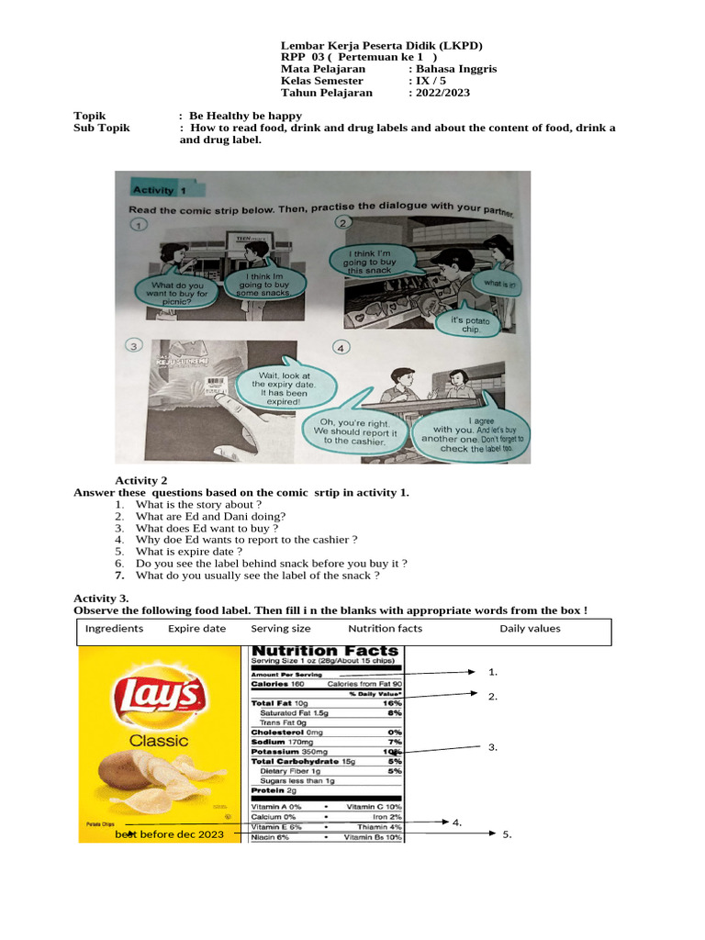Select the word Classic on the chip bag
pyautogui.click(x=158, y=740)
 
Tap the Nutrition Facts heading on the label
pyautogui.click(x=326, y=651)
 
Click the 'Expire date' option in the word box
pyautogui.click(x=196, y=629)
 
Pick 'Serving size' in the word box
pyautogui.click(x=280, y=629)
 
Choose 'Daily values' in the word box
pyautogui.click(x=530, y=629)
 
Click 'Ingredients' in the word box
pyautogui.click(x=114, y=629)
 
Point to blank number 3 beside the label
pyautogui.click(x=493, y=747)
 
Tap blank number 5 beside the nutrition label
pyautogui.click(x=506, y=834)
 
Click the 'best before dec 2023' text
pyautogui.click(x=169, y=834)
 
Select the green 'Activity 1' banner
pyautogui.click(x=157, y=190)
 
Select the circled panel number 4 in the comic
pyautogui.click(x=341, y=349)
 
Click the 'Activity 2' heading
pyautogui.click(x=140, y=480)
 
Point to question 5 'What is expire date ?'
pyautogui.click(x=188, y=552)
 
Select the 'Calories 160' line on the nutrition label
pyautogui.click(x=279, y=684)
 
